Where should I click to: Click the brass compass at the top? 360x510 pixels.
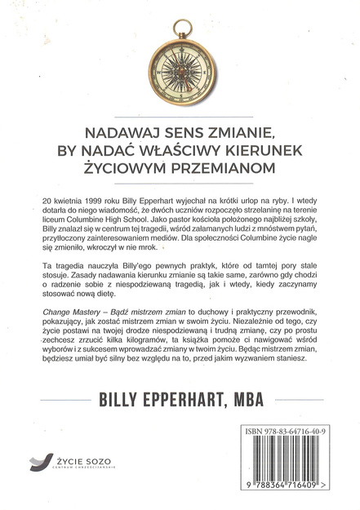tap(180, 62)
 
